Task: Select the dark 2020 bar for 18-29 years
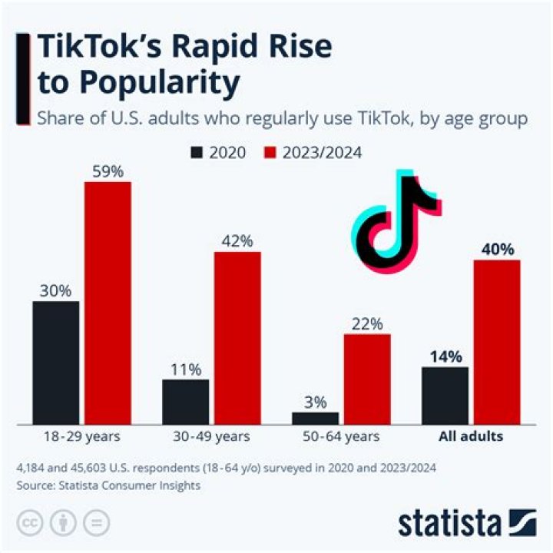[x=55, y=362]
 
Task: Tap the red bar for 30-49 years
[x=237, y=337]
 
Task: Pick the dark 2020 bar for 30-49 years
[x=185, y=401]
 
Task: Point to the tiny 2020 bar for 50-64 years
[x=315, y=417]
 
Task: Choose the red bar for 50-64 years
[x=367, y=378]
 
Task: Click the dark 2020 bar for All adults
[x=445, y=395]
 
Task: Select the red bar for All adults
[x=497, y=341]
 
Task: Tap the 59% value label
[x=108, y=171]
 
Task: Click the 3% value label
[x=315, y=402]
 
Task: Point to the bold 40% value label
[x=497, y=249]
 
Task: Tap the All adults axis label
[x=471, y=436]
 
